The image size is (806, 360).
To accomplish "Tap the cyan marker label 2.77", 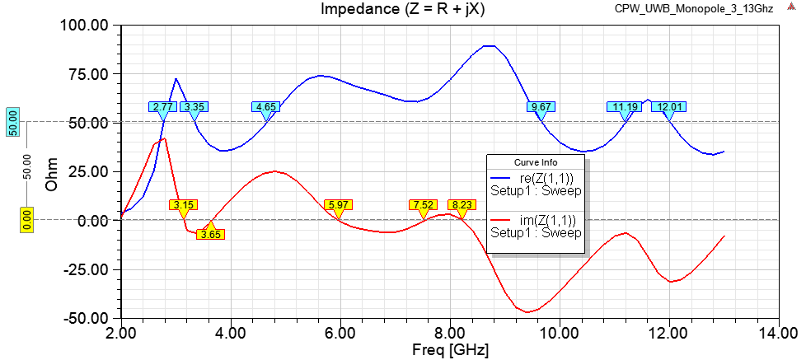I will coord(162,107).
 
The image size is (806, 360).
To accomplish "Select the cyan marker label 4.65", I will coord(266,107).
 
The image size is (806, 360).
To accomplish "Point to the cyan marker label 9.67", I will coord(541,107).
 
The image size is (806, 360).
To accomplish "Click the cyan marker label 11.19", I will coord(625,107).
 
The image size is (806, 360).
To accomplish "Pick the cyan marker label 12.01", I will coord(668,107).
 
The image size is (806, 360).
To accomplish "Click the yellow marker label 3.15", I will coord(183,204).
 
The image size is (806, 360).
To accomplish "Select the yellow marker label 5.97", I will coord(338,204).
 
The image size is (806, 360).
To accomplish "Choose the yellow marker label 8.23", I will coord(462,204).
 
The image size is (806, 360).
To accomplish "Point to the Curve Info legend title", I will coord(536,161).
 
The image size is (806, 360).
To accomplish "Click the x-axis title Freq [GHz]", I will coord(450,350).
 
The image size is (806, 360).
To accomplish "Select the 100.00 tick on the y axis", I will coord(84,26).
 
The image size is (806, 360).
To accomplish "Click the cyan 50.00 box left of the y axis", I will coord(13,122).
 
